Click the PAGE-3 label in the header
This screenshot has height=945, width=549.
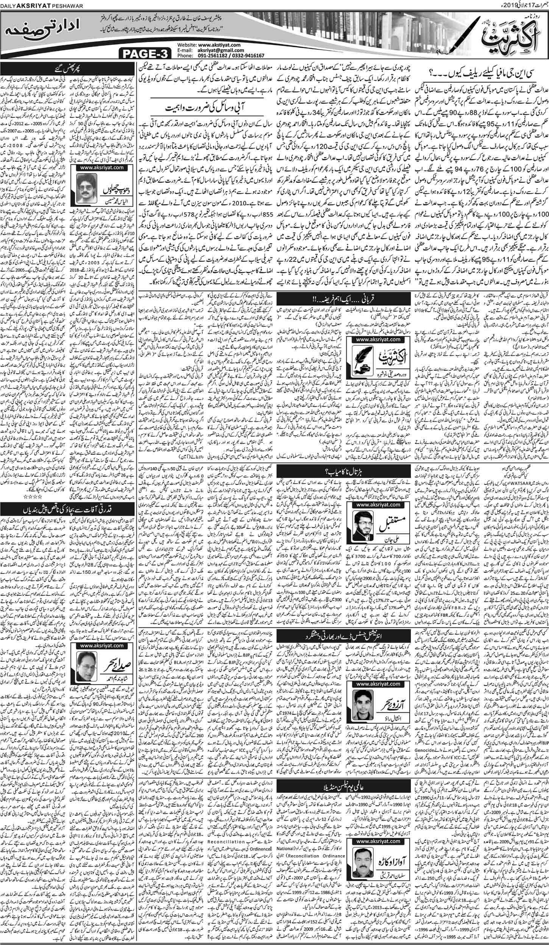point(146,54)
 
